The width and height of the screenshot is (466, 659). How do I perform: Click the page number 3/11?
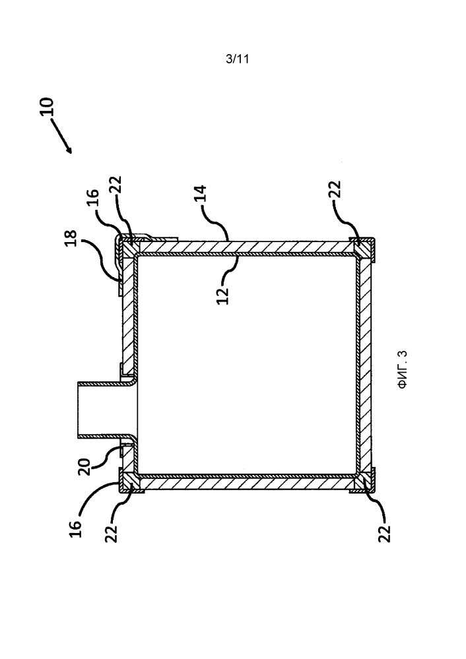point(237,59)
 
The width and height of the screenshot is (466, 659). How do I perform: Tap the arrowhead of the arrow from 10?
point(70,151)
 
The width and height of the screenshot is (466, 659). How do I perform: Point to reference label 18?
point(71,237)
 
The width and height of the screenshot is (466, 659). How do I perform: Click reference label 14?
point(201,193)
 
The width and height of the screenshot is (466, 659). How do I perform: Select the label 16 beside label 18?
point(93,198)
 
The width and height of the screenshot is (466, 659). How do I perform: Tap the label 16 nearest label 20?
point(75,528)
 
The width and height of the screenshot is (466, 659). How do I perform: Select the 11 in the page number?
point(244,59)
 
